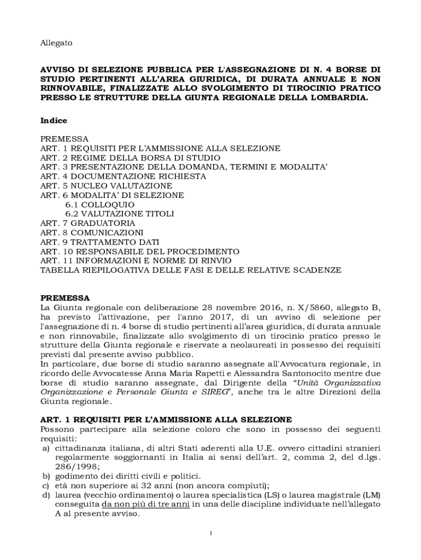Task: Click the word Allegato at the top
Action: [56, 42]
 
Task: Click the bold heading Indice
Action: [54, 120]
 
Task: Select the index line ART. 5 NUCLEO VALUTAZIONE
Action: [106, 186]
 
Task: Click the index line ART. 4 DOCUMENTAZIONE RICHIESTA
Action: [123, 177]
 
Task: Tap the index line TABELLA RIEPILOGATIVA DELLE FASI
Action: [191, 270]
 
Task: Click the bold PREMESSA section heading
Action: [66, 298]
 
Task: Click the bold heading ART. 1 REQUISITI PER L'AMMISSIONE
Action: [166, 419]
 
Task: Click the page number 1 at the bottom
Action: [210, 534]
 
